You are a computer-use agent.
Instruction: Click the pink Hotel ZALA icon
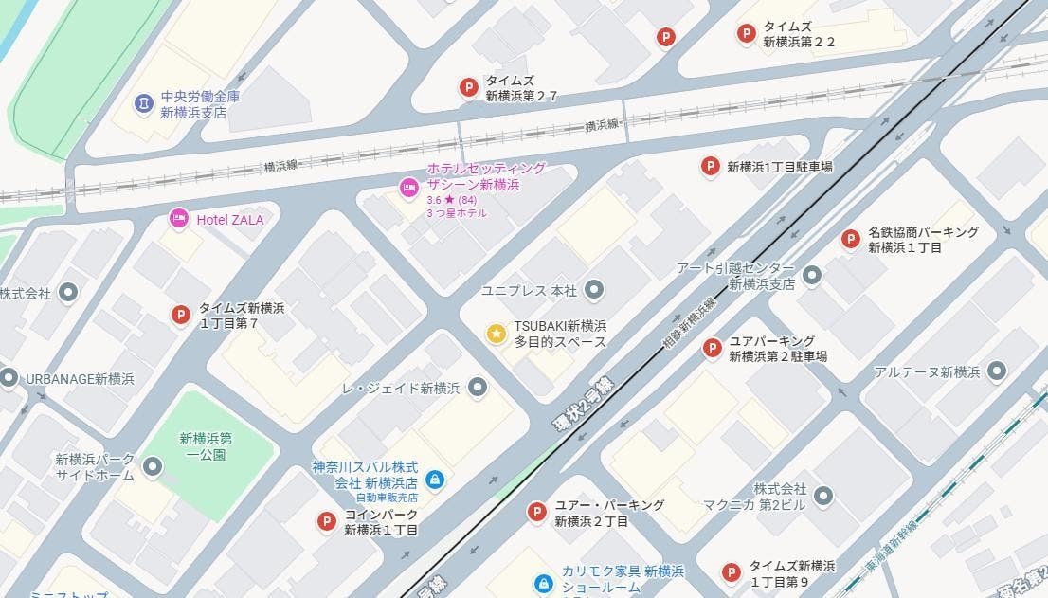[178, 219]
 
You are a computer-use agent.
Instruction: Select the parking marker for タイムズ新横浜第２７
[467, 88]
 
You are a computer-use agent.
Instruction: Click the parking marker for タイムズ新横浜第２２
[746, 34]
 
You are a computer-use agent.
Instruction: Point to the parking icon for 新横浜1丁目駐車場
[709, 167]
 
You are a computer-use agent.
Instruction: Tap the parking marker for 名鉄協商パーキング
[850, 239]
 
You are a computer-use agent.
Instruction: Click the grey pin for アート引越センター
[811, 276]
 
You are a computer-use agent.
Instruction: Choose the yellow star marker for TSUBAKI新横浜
[496, 334]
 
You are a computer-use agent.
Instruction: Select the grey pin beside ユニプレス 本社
[594, 289]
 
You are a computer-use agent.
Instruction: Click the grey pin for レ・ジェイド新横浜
[478, 388]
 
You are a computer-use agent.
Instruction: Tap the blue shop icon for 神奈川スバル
[434, 480]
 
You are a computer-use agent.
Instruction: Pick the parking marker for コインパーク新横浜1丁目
[327, 520]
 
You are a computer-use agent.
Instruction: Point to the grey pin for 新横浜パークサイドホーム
[152, 466]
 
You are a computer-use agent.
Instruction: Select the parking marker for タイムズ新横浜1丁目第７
[180, 315]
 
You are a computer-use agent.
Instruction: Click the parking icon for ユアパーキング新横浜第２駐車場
[712, 348]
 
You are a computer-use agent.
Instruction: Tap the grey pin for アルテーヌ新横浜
[996, 371]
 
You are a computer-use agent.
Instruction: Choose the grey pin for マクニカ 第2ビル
[822, 496]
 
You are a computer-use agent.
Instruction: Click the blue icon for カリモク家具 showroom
[543, 583]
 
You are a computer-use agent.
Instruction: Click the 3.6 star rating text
[451, 200]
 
